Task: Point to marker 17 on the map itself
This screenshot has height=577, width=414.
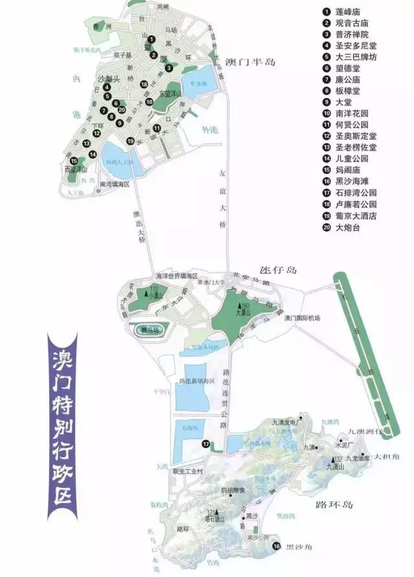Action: pos(205,444)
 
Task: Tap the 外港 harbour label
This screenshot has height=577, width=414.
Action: pos(208,131)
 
